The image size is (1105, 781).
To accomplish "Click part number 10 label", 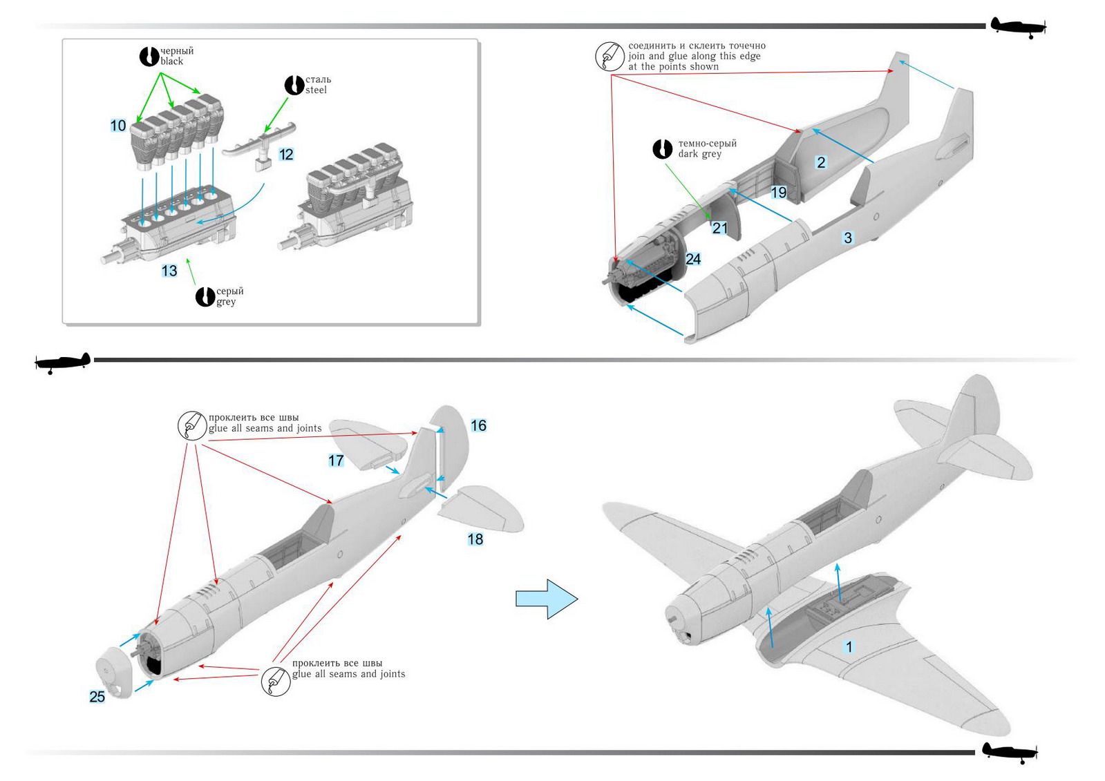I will (118, 126).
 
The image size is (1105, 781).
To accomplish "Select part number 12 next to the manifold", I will (286, 155).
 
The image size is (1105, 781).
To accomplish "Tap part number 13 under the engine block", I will (169, 271).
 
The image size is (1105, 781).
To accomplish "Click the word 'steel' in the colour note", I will (316, 90).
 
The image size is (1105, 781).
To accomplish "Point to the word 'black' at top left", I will (172, 61).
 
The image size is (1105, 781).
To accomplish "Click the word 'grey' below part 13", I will (226, 302).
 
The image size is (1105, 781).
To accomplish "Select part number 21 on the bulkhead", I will (720, 228).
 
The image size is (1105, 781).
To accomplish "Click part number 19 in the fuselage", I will (779, 193).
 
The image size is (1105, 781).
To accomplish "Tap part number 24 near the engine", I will (693, 259).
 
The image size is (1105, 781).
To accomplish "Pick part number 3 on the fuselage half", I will (848, 238).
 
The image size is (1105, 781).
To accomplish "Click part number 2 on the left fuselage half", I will (821, 162).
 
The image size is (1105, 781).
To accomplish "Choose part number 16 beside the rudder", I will (478, 426).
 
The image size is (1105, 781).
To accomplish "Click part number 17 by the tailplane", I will (336, 461).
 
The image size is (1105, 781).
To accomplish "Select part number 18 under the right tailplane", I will (475, 539).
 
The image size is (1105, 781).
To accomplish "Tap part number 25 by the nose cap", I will (97, 697).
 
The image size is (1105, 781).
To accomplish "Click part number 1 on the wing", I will (849, 647).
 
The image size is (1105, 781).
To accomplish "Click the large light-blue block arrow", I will (546, 599).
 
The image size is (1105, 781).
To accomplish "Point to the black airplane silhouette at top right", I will (1017, 27).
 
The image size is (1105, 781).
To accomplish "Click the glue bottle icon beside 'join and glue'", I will (610, 56).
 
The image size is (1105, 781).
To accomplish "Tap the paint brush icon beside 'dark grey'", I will (662, 148).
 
